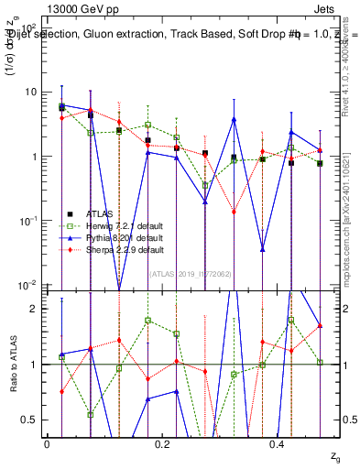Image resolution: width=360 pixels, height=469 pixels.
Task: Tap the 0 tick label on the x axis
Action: (47, 443)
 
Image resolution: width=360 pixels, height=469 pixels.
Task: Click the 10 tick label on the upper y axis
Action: (30, 92)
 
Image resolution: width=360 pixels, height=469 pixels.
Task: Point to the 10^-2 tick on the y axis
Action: (27, 285)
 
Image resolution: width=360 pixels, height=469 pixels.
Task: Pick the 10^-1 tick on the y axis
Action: (27, 221)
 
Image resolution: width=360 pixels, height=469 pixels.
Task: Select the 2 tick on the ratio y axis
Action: (35, 309)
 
